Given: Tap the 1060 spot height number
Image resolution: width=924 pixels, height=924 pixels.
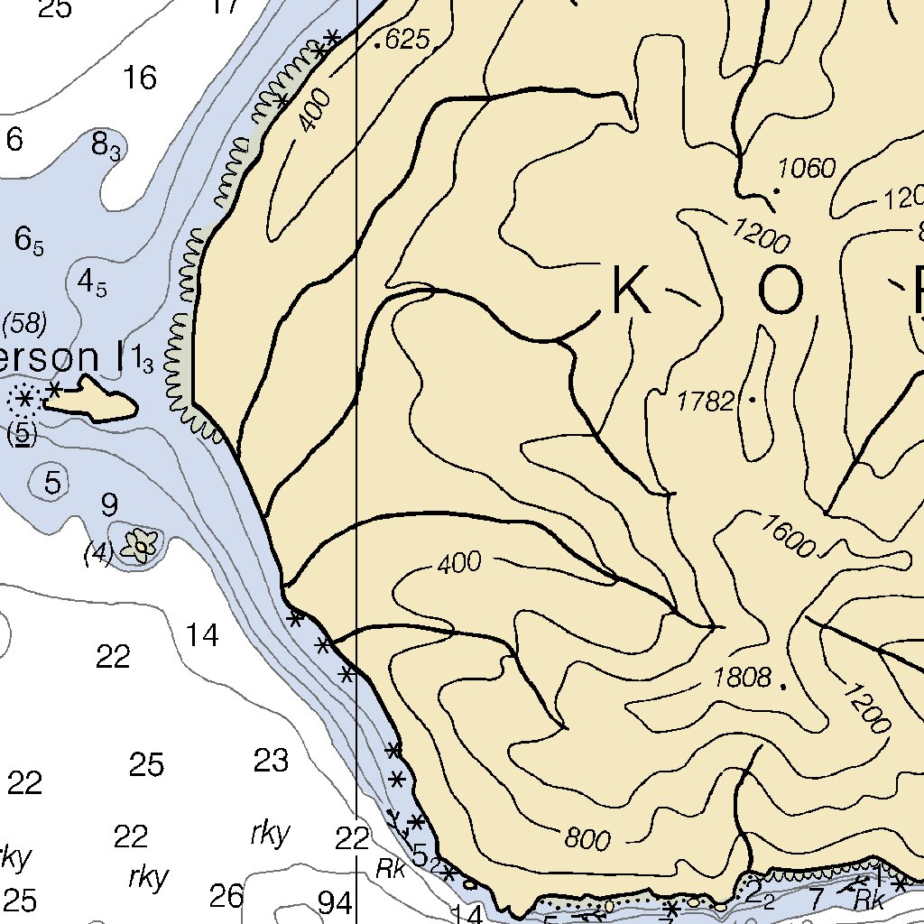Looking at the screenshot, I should coord(807,169).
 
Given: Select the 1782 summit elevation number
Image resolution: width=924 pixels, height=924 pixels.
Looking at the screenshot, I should coord(706,402).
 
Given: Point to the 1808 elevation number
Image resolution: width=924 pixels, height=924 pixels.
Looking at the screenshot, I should coord(742,678).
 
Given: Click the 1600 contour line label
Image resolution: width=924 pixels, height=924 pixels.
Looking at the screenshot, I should coord(789,534).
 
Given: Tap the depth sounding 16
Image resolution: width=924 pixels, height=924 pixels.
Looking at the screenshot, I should coord(140,79).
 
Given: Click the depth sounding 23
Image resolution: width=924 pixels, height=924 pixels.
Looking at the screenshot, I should coord(271,762).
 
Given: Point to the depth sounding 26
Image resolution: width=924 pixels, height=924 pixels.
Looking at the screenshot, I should coord(226,896).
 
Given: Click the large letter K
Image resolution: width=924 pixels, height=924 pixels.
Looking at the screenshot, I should coord(631,291).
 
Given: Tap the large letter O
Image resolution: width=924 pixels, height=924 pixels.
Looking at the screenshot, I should coord(780,293).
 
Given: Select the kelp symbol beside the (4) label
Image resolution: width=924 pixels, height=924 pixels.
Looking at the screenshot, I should coord(141,545).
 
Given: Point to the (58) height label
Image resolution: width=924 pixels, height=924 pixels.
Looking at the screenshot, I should coord(25,322).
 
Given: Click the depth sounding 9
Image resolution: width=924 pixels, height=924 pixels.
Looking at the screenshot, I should coord(109,505).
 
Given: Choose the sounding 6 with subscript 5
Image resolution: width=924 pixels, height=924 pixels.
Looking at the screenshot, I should coord(28,240).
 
